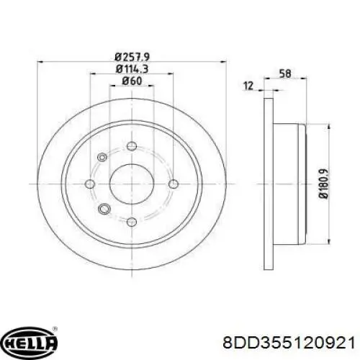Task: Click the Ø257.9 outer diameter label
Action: point(132,57)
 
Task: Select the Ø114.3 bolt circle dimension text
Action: point(132,69)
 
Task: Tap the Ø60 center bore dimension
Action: point(132,81)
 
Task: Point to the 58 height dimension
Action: point(285,73)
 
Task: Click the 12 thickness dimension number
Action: point(248,86)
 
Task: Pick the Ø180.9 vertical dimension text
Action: point(323,184)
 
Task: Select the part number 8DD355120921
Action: point(289,342)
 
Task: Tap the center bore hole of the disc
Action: point(132,184)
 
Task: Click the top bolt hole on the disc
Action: point(132,146)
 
